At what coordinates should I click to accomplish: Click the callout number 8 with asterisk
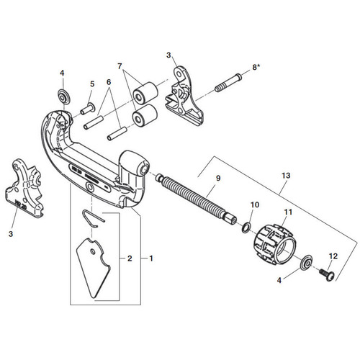(x=256, y=68)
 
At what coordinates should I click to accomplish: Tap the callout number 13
(x=286, y=176)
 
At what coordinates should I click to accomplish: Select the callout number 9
(x=218, y=178)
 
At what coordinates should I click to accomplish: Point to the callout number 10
(x=255, y=204)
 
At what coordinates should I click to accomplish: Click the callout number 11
(x=288, y=212)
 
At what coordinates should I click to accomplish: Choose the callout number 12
(x=333, y=256)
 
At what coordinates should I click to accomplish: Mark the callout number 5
(x=92, y=84)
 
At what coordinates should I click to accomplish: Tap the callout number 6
(x=109, y=82)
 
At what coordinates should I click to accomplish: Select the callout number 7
(x=120, y=66)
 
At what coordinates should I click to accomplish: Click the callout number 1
(x=151, y=258)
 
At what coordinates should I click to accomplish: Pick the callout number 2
(x=130, y=258)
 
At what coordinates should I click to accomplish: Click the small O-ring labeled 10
(x=246, y=228)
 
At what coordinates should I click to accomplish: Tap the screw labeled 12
(x=326, y=274)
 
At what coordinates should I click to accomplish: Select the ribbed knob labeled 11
(x=275, y=245)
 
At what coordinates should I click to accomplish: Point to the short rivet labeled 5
(x=88, y=109)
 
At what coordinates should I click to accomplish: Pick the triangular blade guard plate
(x=93, y=268)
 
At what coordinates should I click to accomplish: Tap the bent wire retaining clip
(x=94, y=218)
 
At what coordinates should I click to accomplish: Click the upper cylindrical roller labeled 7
(x=145, y=93)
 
